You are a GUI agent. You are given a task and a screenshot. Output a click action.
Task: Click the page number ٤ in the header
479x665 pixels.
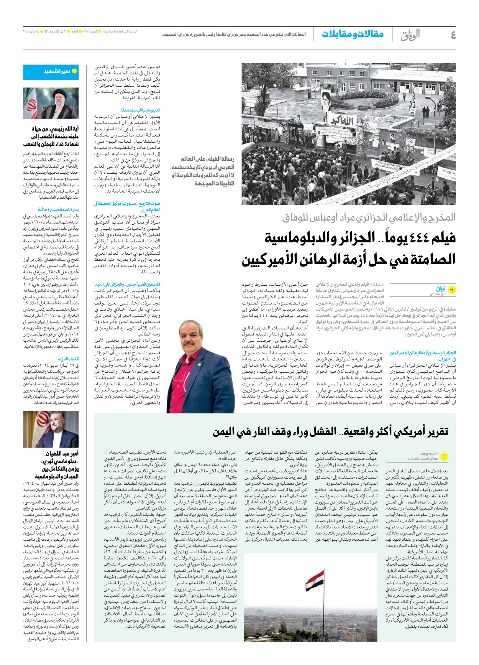point(453,35)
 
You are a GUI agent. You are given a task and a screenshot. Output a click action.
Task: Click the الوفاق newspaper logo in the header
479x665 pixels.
point(410,35)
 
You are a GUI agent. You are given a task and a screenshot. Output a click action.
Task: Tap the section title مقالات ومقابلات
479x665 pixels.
point(353,34)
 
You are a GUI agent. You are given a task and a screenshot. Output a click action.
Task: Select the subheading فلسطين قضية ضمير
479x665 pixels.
point(128,284)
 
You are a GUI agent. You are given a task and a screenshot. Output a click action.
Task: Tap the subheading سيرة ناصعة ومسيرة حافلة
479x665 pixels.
point(58,209)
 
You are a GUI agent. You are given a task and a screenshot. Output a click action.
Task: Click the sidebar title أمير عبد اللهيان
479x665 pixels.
point(57,465)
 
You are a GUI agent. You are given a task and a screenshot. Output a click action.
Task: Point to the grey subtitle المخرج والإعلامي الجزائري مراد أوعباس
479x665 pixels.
point(368,218)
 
